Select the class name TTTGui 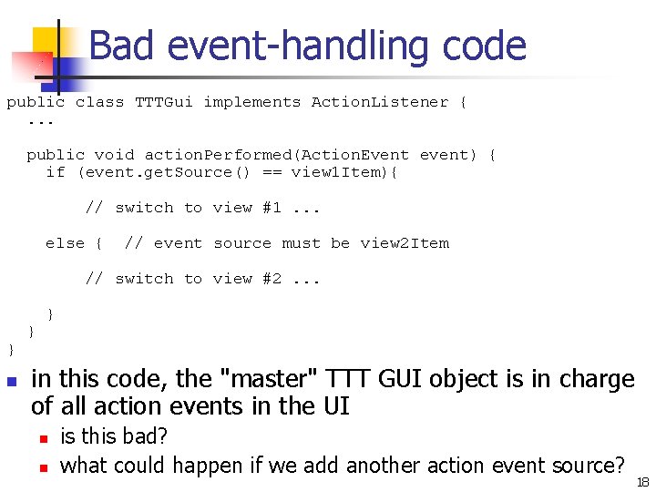tap(164, 102)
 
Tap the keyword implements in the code tap(251, 102)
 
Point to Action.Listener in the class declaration tap(380, 102)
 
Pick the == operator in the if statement tap(272, 172)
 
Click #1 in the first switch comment tap(272, 208)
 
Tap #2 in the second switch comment tap(272, 279)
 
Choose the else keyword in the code tap(65, 243)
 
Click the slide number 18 tap(643, 481)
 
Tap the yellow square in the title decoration tap(47, 44)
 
